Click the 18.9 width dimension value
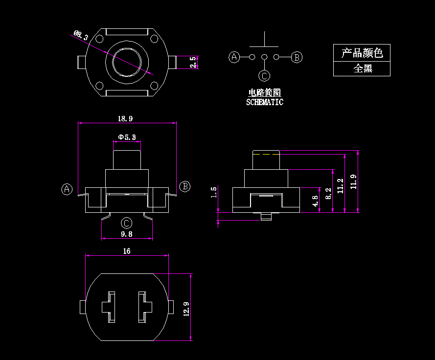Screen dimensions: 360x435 [x=125, y=118]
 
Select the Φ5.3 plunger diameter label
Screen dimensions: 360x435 [x=127, y=137]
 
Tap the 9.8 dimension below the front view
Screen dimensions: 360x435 [x=127, y=234]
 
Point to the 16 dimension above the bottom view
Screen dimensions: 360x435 [x=127, y=251]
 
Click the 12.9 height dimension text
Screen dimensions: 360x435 [x=186, y=309]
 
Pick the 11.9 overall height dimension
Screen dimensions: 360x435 [x=354, y=181]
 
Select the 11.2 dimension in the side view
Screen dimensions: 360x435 [x=341, y=186]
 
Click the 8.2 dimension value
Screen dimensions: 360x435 [x=328, y=193]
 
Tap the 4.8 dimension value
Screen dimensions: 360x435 [x=316, y=201]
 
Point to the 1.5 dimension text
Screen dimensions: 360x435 [x=213, y=192]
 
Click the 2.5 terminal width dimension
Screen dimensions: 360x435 [x=193, y=62]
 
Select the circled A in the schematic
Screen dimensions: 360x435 [x=234, y=57]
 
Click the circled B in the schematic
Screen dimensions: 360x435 [x=297, y=57]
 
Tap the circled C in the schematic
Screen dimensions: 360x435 [x=264, y=75]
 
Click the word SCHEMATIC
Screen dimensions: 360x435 [x=264, y=102]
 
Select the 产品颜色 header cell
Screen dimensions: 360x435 [x=362, y=53]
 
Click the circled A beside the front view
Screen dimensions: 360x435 [x=67, y=189]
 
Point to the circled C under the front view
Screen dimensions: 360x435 [x=126, y=224]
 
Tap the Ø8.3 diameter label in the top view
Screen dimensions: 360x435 [x=81, y=35]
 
